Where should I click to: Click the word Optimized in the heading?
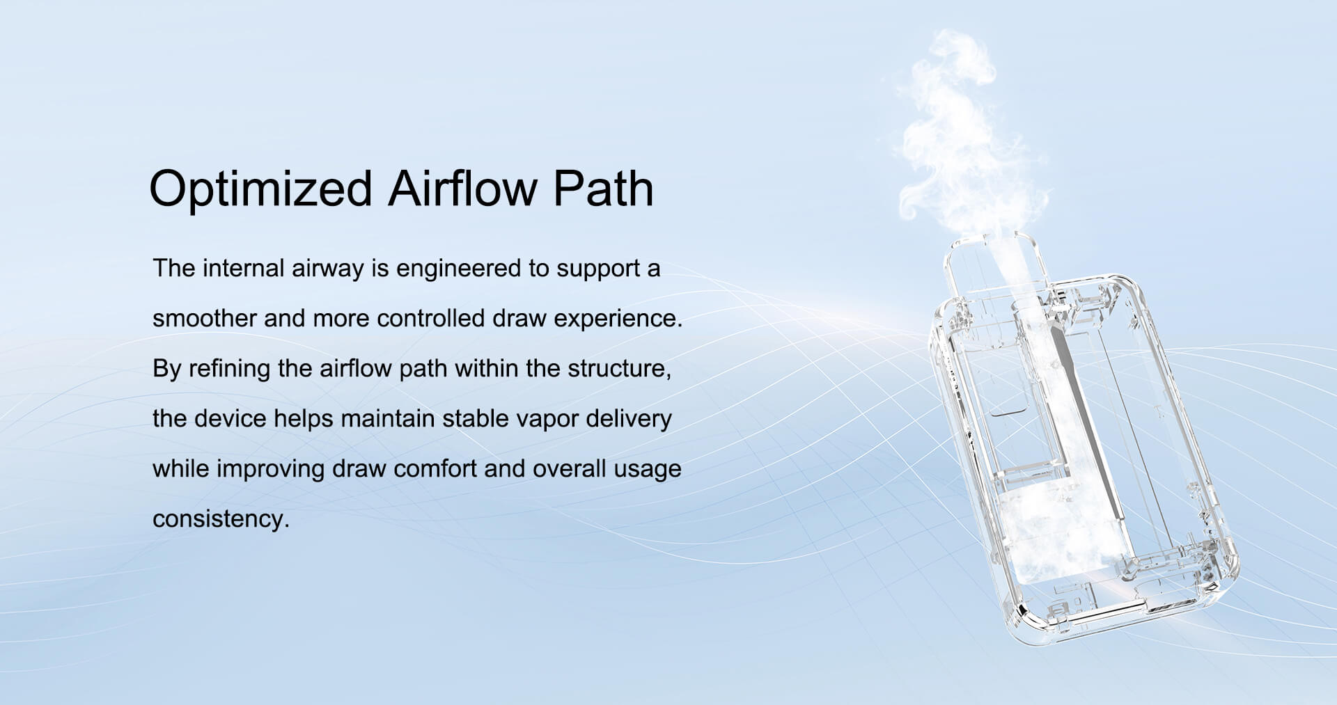click(261, 189)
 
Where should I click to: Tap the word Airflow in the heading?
click(462, 188)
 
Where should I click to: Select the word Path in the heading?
click(604, 188)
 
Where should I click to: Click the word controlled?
click(430, 318)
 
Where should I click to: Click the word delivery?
click(629, 420)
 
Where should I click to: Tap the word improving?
click(271, 470)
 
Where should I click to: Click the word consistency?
click(221, 520)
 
